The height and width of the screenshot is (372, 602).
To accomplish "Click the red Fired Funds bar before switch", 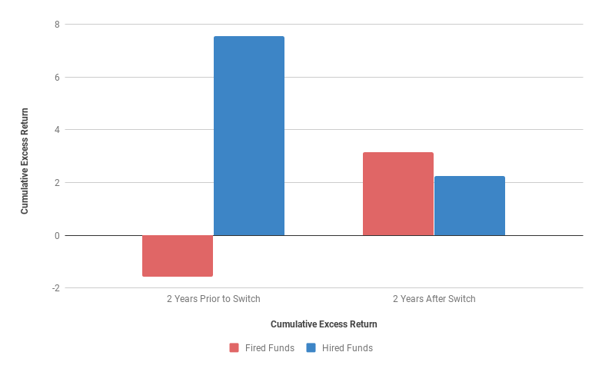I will click(178, 255).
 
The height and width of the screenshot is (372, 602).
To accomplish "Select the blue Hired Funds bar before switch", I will click(248, 136).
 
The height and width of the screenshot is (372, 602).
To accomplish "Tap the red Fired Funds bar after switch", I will click(397, 194).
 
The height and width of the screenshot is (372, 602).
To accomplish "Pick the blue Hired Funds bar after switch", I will click(469, 206).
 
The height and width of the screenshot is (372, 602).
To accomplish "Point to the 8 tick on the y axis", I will click(56, 25).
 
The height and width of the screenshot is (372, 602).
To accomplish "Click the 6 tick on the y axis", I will click(56, 78).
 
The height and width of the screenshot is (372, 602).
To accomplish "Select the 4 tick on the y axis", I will click(56, 130).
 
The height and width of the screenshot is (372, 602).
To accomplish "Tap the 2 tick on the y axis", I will click(56, 183).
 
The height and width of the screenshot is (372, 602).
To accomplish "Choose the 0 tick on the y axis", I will click(56, 235).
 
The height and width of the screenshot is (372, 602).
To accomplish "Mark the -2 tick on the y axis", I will click(55, 288).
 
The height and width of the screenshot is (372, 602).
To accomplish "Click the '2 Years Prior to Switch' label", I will click(214, 299).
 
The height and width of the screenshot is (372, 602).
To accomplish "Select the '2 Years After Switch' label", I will click(434, 299).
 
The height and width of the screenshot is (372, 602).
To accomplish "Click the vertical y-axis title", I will click(25, 161).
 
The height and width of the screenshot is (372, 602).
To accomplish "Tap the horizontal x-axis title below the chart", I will click(324, 324).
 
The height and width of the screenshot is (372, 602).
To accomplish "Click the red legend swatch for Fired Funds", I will click(234, 348).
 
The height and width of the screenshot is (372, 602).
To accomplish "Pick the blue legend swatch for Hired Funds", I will click(311, 348).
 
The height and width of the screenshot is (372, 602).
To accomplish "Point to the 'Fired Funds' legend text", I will click(269, 348).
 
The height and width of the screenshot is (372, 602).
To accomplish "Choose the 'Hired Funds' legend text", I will click(347, 348).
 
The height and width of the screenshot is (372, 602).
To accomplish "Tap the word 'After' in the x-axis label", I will click(435, 299).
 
